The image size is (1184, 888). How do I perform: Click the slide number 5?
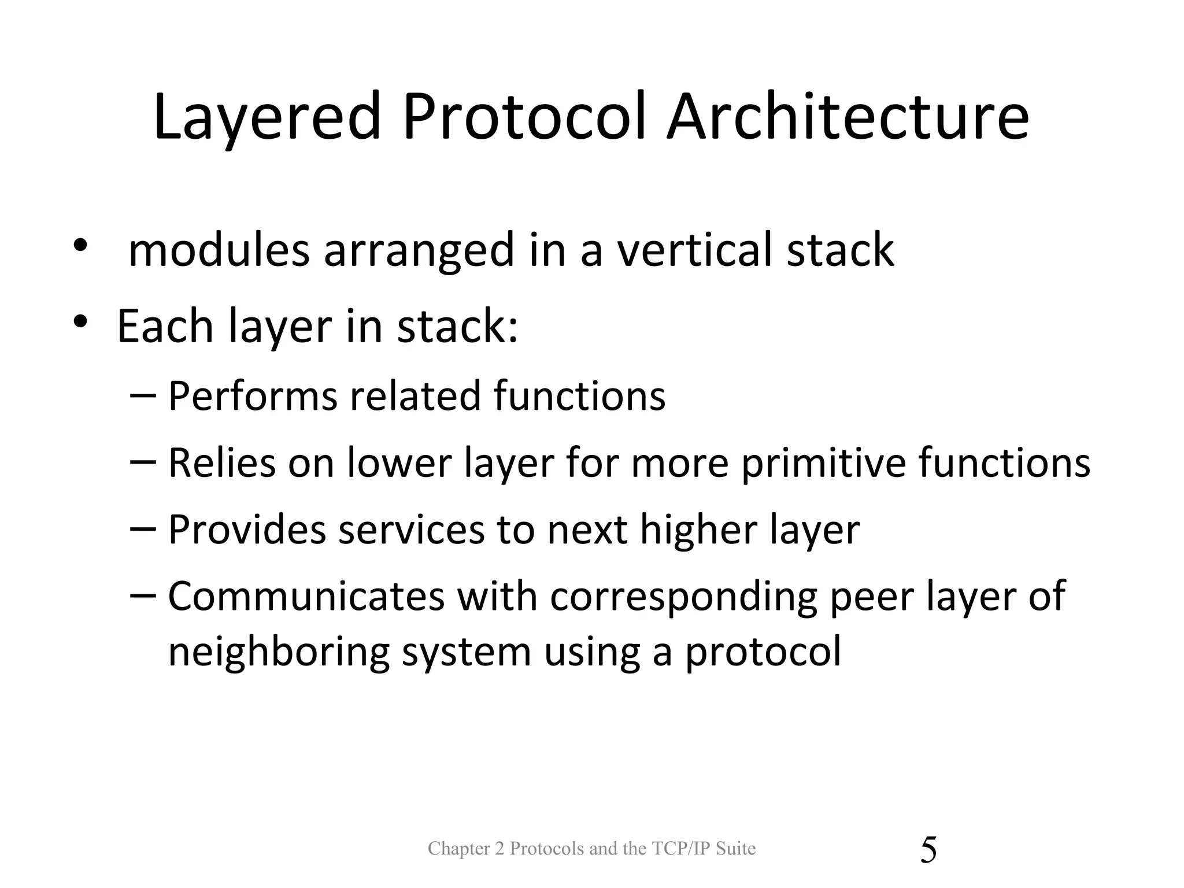pos(928,850)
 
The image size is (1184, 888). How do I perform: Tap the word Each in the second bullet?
pos(165,326)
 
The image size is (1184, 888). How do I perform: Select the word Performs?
pos(253,397)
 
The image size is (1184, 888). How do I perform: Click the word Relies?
pos(222,463)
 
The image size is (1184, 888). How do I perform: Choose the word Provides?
pos(247,530)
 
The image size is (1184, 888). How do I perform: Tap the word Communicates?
pos(306,596)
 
